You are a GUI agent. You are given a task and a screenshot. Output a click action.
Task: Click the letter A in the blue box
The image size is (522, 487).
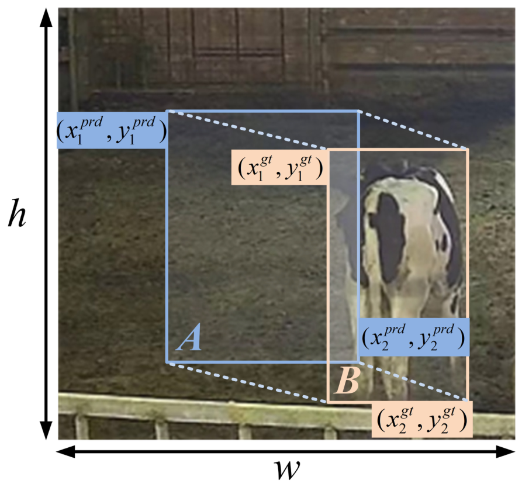189,337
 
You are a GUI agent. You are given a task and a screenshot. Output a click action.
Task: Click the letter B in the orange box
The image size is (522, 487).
347,381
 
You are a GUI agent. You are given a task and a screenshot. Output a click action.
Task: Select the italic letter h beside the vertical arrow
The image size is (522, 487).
16,213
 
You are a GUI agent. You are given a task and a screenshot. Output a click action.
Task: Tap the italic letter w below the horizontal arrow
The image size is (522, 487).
287,469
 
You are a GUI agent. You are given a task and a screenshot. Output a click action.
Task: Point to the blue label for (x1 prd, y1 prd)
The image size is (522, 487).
112,130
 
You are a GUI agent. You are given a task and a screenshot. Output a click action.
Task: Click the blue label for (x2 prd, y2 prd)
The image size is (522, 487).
413,337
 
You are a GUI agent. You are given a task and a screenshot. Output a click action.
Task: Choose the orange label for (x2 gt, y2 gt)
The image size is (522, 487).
422,419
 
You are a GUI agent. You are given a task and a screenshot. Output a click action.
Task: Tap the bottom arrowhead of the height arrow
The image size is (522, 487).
46,430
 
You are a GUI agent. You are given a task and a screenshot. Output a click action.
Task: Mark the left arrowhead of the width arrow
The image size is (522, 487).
66,452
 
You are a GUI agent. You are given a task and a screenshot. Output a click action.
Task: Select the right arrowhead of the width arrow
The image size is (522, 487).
506,452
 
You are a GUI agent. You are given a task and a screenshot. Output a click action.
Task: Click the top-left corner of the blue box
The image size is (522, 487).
167,111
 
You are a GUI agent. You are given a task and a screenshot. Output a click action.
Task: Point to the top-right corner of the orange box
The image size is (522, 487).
468,150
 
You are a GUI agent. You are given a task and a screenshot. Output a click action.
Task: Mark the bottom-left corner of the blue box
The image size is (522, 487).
167,361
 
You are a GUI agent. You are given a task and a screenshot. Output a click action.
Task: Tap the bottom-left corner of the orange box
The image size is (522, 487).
329,402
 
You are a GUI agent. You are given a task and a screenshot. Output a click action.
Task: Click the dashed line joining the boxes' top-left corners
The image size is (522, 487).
248,130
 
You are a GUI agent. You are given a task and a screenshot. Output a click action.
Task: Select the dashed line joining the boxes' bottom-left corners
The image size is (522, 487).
248,382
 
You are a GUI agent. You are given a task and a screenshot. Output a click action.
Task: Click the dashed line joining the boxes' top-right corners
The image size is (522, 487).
413,130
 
